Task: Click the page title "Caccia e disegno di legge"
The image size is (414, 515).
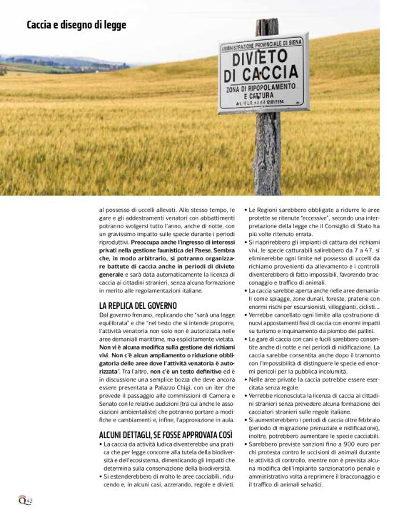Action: point(76,25)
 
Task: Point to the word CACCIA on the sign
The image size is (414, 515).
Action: point(261,74)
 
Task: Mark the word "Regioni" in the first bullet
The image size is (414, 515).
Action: point(273,210)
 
